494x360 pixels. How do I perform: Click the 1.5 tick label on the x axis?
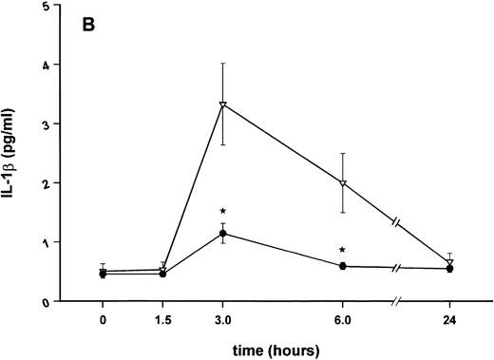(x=162, y=320)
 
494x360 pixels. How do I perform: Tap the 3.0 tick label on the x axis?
(x=222, y=320)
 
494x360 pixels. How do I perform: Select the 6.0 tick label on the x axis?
(x=343, y=320)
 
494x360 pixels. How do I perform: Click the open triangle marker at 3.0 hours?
(x=222, y=104)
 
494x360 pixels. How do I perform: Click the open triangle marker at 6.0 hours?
(x=343, y=182)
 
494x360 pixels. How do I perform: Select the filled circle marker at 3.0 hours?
(x=222, y=234)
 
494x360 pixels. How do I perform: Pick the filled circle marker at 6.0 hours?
(x=343, y=266)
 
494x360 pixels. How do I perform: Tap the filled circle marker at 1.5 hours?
(x=162, y=274)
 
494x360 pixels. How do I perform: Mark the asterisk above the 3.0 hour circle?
(x=222, y=211)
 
